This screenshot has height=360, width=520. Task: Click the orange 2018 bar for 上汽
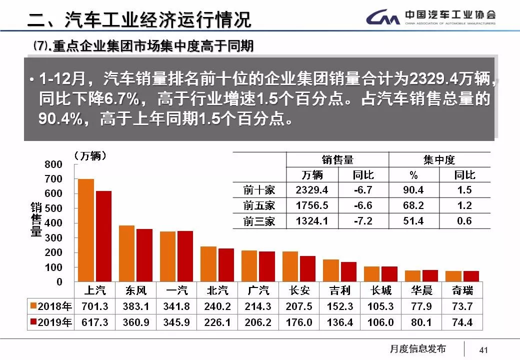(86, 230)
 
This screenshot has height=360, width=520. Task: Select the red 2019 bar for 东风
(144, 255)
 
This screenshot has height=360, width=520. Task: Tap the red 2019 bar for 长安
(307, 269)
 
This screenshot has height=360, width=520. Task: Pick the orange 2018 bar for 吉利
(330, 270)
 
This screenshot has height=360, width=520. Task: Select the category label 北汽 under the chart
(217, 290)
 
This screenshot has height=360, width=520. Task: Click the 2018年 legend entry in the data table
(51, 306)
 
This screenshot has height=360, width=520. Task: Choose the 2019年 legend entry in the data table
(51, 322)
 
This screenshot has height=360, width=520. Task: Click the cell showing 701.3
(95, 306)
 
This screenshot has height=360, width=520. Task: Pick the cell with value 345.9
(176, 322)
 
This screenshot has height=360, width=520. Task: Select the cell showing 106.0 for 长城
(380, 322)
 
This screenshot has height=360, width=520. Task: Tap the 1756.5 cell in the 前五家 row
(312, 205)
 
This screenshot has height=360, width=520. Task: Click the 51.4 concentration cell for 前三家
(413, 220)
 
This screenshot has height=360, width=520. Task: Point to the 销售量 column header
(337, 160)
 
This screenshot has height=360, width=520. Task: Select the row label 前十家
(259, 190)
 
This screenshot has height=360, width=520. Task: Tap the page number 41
(483, 349)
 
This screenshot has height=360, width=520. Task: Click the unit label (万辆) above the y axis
(90, 155)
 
